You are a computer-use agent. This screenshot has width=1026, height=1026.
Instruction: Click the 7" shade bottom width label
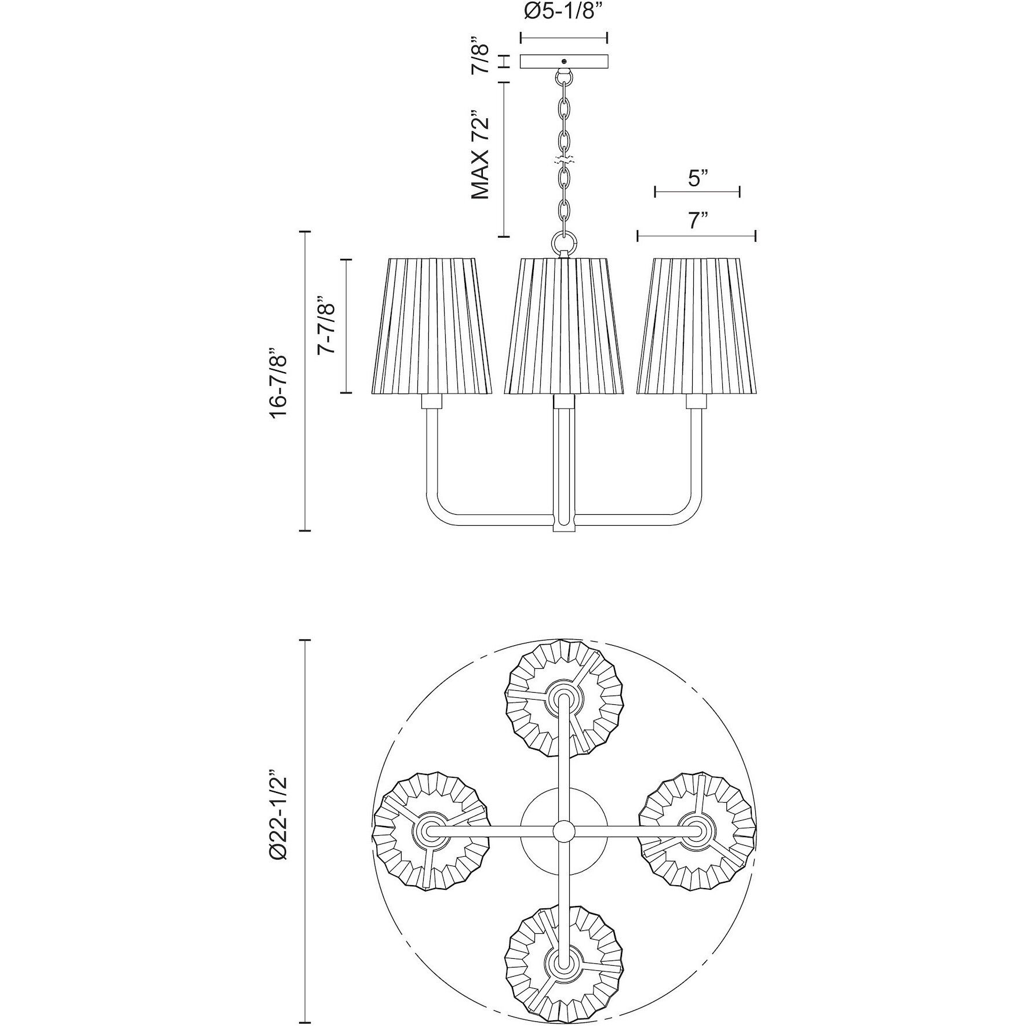(x=696, y=221)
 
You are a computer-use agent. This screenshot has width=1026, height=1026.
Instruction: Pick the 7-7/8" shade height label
(x=328, y=326)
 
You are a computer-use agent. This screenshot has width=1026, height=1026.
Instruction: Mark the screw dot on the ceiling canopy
(x=564, y=61)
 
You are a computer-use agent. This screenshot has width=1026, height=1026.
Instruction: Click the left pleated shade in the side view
(x=431, y=326)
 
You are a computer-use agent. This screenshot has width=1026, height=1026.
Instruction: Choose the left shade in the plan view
(x=431, y=832)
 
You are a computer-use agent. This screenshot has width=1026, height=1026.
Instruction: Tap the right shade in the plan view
(x=697, y=832)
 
